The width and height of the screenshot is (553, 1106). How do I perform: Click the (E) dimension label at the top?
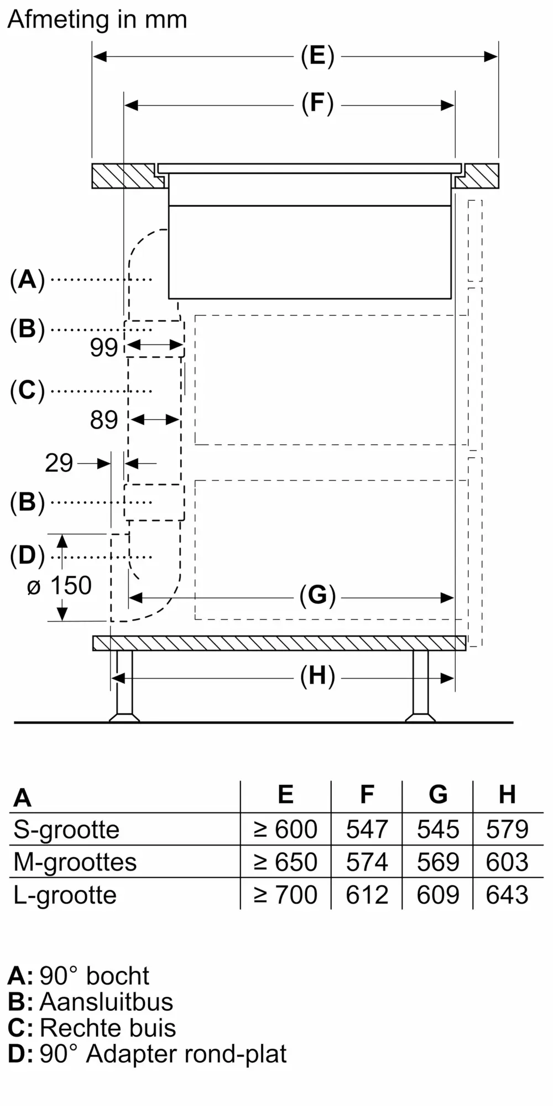[x=317, y=56]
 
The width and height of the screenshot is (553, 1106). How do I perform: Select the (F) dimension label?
[x=317, y=104]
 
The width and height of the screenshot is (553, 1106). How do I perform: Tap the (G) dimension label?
[x=317, y=596]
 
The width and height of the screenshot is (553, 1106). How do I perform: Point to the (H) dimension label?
[x=317, y=677]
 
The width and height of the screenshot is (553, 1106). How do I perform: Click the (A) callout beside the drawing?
[x=27, y=280]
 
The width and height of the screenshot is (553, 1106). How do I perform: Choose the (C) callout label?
[x=27, y=390]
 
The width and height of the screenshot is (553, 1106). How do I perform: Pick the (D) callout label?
[x=27, y=556]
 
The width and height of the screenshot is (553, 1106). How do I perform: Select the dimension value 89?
[x=104, y=420]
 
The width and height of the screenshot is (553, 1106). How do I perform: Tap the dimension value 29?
[x=59, y=463]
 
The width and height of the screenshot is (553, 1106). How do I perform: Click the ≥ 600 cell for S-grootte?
[x=285, y=830]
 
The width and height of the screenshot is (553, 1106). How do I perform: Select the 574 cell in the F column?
[x=367, y=862]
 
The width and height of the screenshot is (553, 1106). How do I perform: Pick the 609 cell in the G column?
[x=437, y=895]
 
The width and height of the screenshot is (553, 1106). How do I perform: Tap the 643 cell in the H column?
[x=507, y=895]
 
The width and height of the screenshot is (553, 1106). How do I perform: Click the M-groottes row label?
[x=75, y=862]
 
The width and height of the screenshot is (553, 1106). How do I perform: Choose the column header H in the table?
[x=507, y=795]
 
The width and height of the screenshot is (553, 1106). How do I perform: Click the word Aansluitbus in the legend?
[x=106, y=1002]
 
